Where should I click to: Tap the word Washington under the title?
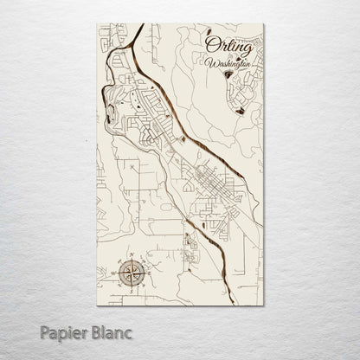point(229,63)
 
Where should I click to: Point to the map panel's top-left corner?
point(100,25)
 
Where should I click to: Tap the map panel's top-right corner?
point(260,25)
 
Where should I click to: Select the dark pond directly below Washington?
point(228,75)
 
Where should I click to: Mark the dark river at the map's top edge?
point(142,29)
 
